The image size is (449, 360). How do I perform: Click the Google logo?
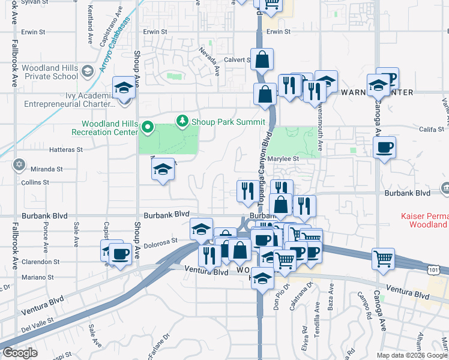tap(19, 353)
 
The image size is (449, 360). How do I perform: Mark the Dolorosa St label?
tap(161, 241)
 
